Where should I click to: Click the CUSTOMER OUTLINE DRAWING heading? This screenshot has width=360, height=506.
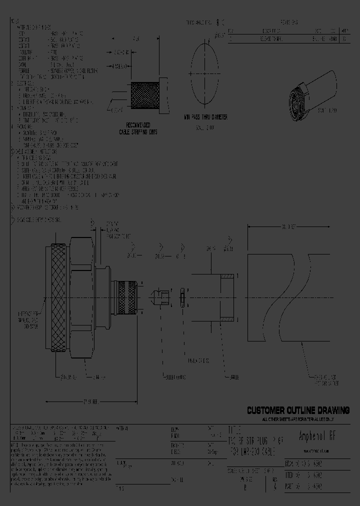(x=298, y=410)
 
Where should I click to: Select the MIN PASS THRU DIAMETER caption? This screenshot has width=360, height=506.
(x=205, y=117)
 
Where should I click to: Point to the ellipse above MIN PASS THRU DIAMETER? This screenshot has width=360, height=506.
(x=205, y=73)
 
